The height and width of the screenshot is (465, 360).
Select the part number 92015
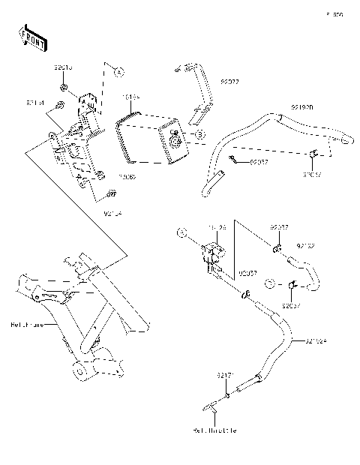coord(63,67)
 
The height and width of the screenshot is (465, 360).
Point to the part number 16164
coord(131,97)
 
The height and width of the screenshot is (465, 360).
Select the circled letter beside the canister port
coord(200,134)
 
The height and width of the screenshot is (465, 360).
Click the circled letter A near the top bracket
coord(117,70)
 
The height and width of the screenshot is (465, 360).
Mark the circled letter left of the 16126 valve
coord(181,233)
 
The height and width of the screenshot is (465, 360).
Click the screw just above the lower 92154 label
coord(110,194)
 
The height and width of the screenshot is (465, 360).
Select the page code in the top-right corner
coord(334,14)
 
